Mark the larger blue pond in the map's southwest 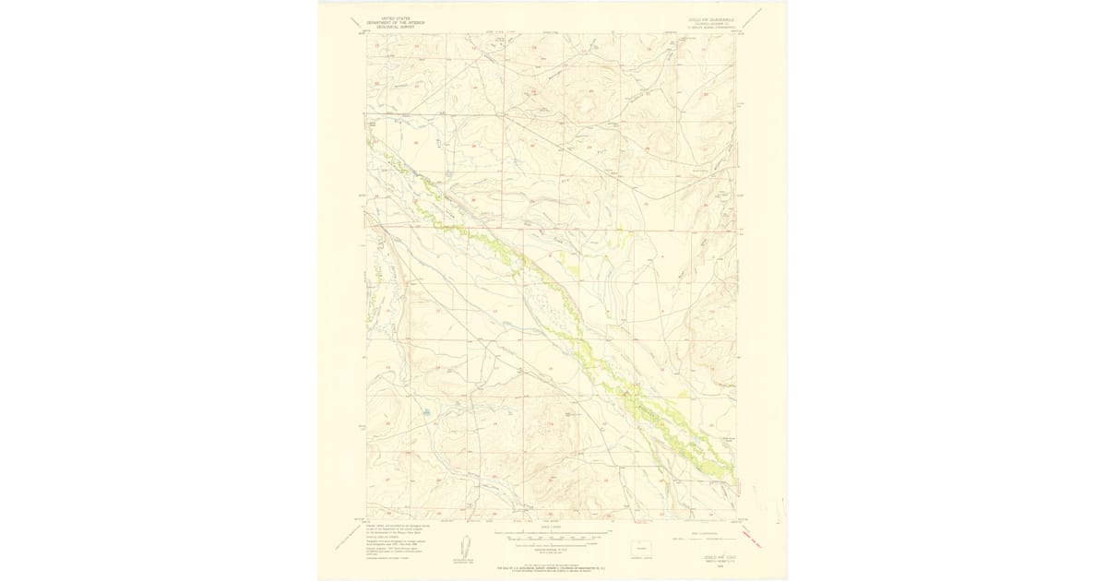(x=426, y=412)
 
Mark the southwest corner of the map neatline (x=366, y=518)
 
